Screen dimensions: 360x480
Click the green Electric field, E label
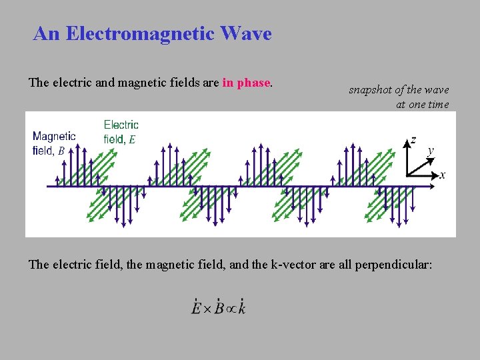click(x=121, y=131)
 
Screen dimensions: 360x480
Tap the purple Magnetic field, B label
click(x=54, y=143)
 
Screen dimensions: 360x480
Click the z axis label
click(x=413, y=140)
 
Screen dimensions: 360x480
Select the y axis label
click(x=431, y=151)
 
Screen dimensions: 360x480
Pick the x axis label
click(x=443, y=175)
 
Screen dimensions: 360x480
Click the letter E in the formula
click(x=196, y=308)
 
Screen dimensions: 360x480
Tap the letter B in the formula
click(x=219, y=308)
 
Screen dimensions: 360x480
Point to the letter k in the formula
click(x=241, y=308)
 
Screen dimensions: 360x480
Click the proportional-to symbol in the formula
click(x=230, y=309)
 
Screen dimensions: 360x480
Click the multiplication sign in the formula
click(x=207, y=309)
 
